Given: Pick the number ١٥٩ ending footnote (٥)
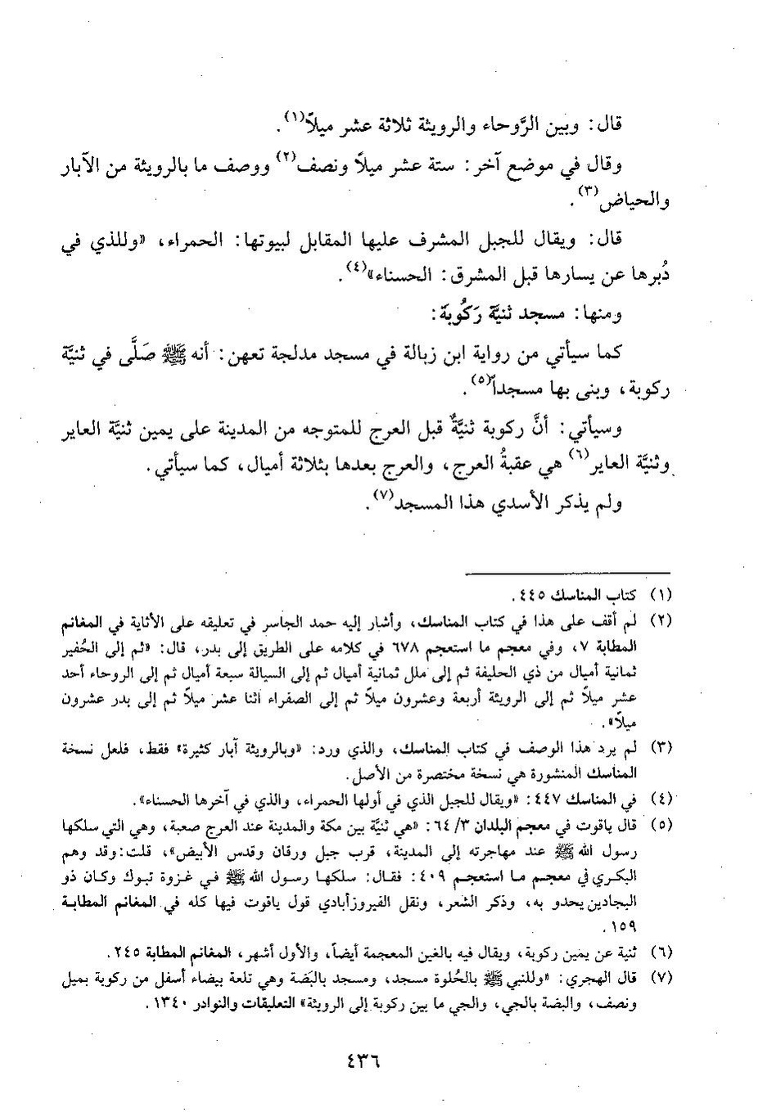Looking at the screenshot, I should [627, 929].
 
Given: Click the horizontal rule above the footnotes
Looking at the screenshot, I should [568, 572].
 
